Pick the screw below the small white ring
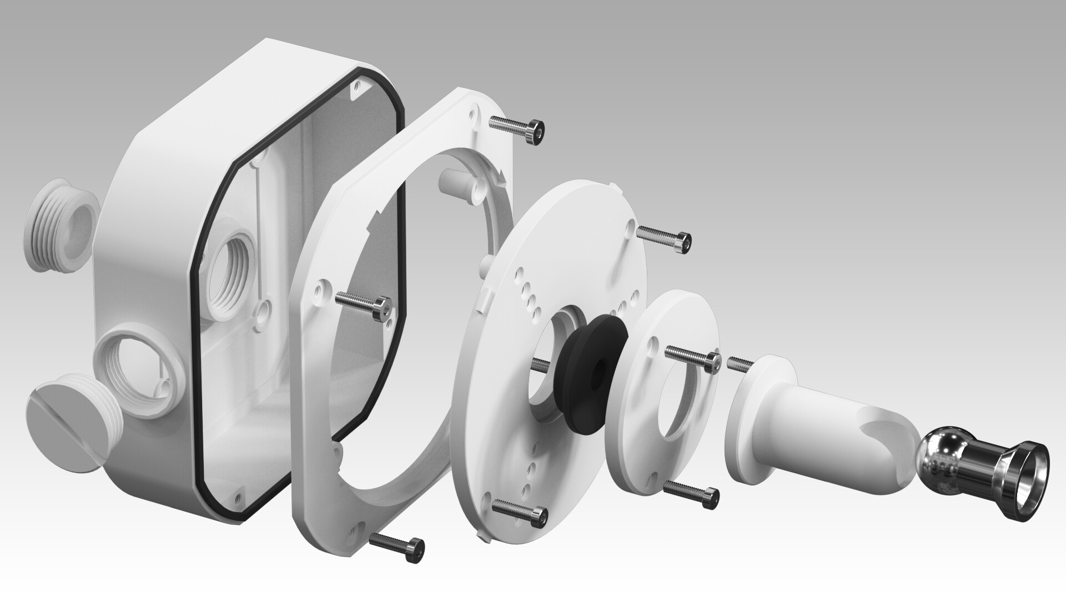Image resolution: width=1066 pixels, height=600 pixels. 692,491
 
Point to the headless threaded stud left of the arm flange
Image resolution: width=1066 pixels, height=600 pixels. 739,363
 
